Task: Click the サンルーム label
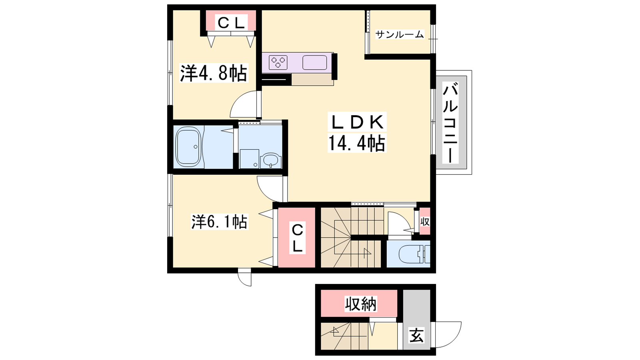coord(400,35)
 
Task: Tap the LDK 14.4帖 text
coord(357,132)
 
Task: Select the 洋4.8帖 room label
coord(214,73)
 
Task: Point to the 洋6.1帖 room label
coord(220,222)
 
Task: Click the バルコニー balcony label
coord(450,122)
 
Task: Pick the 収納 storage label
coord(361,304)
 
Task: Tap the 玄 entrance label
coord(416,335)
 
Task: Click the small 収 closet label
coord(425,222)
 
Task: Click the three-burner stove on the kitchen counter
coord(278,62)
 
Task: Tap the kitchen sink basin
coord(314,62)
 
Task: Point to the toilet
coord(414,254)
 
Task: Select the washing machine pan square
coord(250,159)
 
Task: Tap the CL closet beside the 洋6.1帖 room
coord(297,238)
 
